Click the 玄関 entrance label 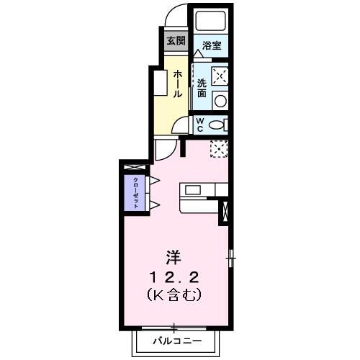(x=175, y=40)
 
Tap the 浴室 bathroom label (x=212, y=45)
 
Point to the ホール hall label (x=177, y=84)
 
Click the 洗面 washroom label (x=202, y=88)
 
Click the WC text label (x=201, y=124)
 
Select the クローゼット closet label (x=135, y=191)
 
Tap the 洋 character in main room (x=174, y=256)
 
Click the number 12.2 (x=174, y=276)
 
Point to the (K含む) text (x=174, y=294)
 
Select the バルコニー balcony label (x=173, y=340)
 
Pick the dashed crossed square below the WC (x=219, y=148)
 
